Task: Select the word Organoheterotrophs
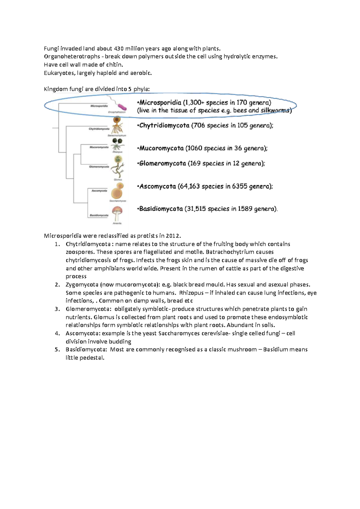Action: tap(72, 57)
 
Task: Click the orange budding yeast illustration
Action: tap(117, 191)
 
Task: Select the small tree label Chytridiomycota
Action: tap(99, 129)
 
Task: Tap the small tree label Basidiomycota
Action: tap(99, 215)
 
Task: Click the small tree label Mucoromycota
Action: tap(99, 147)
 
